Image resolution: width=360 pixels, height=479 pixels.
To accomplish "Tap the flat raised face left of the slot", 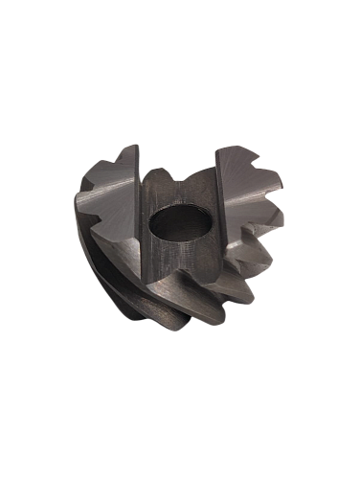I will point(110,196).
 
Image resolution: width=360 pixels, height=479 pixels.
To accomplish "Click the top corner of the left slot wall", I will point(140,145).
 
